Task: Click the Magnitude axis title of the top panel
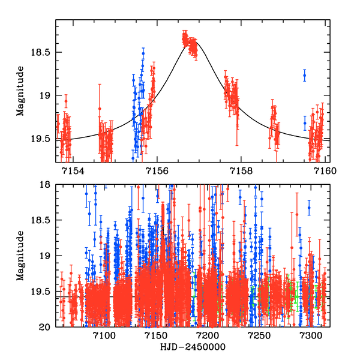[20, 91]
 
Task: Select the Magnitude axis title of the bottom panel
[20, 256]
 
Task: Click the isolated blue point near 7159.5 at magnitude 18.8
[305, 76]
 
